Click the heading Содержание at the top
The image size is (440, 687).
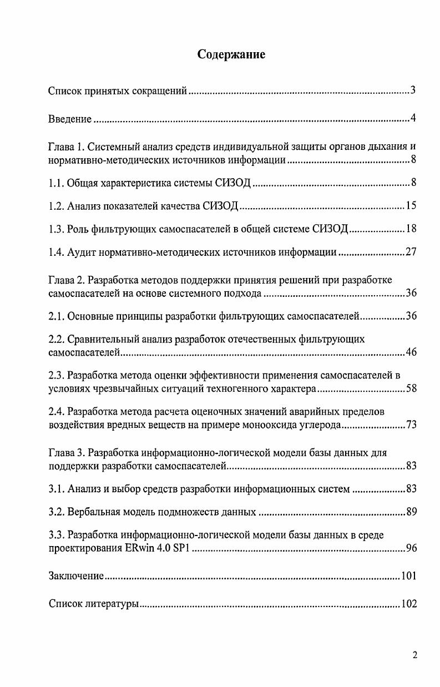point(231,54)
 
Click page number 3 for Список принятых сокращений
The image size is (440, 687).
point(413,90)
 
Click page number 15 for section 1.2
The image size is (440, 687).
point(411,206)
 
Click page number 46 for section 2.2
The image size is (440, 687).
point(411,352)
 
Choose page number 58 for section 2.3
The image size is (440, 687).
point(411,388)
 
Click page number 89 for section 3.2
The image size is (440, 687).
point(411,512)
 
